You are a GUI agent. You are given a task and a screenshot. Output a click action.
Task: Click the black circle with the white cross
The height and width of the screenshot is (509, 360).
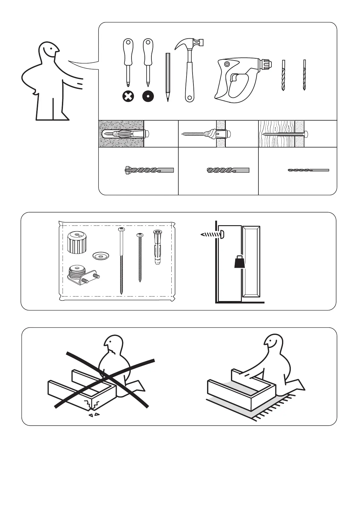128,97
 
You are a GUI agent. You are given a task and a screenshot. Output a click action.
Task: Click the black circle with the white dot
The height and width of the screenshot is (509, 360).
148,97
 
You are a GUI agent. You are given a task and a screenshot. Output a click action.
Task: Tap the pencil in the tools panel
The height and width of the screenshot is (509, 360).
168,77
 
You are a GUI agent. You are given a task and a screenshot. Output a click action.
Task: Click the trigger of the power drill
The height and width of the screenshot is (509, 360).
233,78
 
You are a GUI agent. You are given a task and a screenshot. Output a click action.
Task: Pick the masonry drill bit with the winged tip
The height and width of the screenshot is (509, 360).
149,170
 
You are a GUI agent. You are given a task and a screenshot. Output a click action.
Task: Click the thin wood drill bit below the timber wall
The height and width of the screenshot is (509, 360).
308,170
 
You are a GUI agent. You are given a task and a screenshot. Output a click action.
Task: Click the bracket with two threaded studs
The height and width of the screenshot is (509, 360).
82,275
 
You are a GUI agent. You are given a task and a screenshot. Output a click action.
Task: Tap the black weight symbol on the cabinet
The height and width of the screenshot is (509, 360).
240,261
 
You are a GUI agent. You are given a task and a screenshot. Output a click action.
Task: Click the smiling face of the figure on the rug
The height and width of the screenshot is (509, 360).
271,344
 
